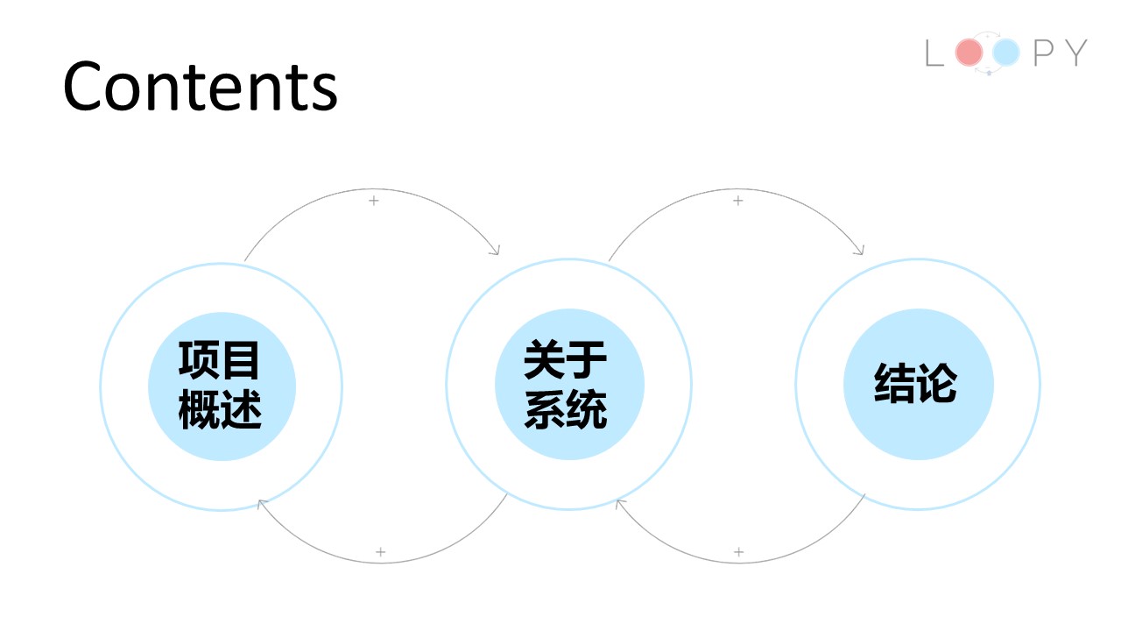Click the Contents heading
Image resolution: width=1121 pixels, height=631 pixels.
point(201,86)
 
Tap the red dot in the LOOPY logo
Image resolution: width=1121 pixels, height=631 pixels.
point(969,52)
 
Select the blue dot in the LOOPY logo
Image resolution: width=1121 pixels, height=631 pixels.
point(1006,52)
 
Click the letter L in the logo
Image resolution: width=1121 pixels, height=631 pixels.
point(934,53)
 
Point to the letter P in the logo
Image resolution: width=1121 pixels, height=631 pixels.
point(1043,53)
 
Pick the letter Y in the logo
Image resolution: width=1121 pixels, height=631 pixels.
point(1075,53)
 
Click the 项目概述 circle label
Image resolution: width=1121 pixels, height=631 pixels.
point(220,385)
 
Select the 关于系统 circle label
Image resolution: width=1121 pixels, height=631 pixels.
point(566,385)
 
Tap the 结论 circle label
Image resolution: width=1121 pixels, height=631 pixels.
point(916,383)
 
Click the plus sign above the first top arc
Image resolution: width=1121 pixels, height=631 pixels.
point(373,201)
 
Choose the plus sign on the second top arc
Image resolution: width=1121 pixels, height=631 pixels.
point(737,201)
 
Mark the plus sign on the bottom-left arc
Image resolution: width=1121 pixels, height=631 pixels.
point(380,552)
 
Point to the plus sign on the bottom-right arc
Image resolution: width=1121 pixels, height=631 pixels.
point(738,552)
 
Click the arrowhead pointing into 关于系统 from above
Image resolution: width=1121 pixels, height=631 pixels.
point(496,251)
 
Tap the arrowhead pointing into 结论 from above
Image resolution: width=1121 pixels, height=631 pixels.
point(860,251)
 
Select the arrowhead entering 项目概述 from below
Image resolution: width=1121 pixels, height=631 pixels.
point(261,503)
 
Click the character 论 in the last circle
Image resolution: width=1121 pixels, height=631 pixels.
point(937,383)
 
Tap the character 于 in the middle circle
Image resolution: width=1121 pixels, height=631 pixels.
point(587,359)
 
